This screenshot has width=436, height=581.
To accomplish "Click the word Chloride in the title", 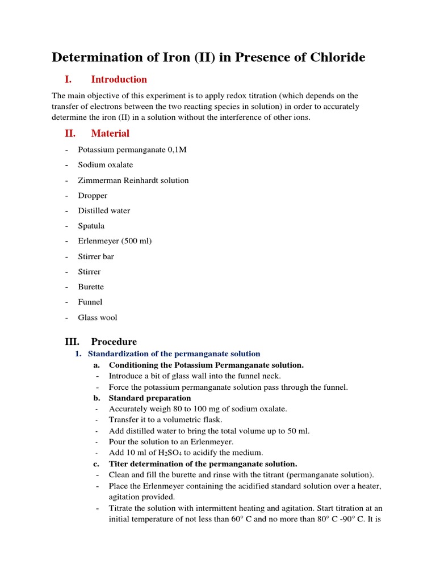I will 335,57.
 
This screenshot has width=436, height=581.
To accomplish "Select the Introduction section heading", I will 119,79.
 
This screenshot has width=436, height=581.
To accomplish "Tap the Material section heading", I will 110,133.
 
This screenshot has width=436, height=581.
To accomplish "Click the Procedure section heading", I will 114,342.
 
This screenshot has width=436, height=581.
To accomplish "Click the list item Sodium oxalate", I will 105,165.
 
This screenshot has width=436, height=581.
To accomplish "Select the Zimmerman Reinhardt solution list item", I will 133,180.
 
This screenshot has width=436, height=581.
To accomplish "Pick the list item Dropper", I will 93,196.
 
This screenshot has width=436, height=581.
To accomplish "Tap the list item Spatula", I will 91,226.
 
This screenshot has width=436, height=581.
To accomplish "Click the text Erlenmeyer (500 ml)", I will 115,241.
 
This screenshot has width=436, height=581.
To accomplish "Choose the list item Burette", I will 91,287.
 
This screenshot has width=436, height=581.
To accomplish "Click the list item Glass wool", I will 97,318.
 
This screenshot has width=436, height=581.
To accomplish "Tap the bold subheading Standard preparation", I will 150,398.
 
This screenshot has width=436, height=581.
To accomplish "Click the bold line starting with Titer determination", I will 203,464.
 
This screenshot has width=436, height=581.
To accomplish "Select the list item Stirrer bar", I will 96,256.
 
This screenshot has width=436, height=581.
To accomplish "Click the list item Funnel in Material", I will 90,302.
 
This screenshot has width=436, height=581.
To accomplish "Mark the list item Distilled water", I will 104,210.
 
